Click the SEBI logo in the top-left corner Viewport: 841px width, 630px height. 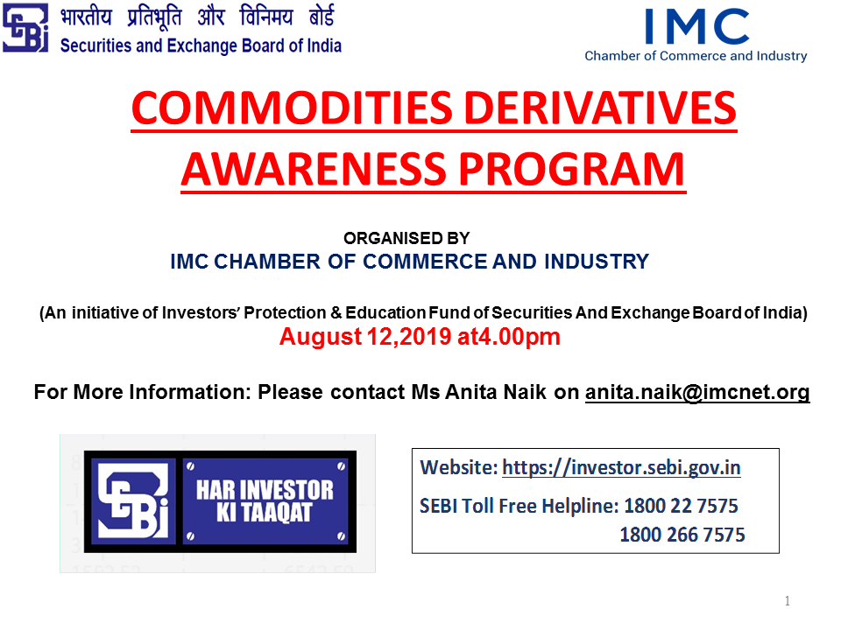tap(25, 28)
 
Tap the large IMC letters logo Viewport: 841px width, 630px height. tap(696, 26)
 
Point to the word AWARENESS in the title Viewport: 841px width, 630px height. tap(314, 169)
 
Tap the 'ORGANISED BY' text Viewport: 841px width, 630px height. tap(406, 238)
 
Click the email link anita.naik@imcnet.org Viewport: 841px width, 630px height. tap(697, 392)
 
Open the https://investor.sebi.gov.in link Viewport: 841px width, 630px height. tap(621, 467)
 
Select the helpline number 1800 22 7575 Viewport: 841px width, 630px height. tap(682, 506)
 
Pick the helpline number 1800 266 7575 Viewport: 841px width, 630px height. tap(682, 535)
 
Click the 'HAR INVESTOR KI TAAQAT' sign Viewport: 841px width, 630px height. tap(265, 500)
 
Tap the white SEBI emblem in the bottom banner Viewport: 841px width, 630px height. tap(133, 500)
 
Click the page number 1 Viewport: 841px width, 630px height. tap(788, 601)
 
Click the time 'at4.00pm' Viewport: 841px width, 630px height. tap(508, 337)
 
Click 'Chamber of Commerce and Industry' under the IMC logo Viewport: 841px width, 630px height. tap(696, 56)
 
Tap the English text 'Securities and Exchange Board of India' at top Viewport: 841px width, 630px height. tap(201, 46)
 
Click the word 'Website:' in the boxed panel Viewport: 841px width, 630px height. tap(458, 467)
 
